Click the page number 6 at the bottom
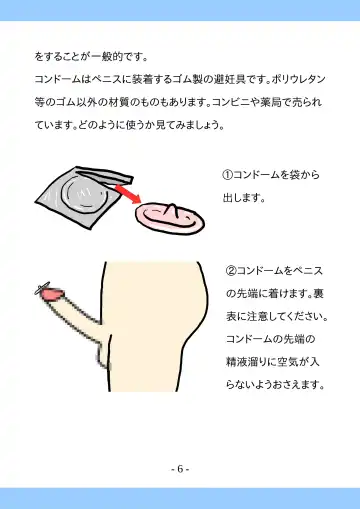[x=180, y=469]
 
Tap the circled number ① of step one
[x=227, y=175]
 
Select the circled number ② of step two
[x=231, y=270]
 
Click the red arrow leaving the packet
[x=128, y=194]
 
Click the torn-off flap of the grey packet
[x=105, y=176]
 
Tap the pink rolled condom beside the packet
[x=170, y=218]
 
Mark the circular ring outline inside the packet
[x=85, y=194]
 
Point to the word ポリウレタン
[x=298, y=79]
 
